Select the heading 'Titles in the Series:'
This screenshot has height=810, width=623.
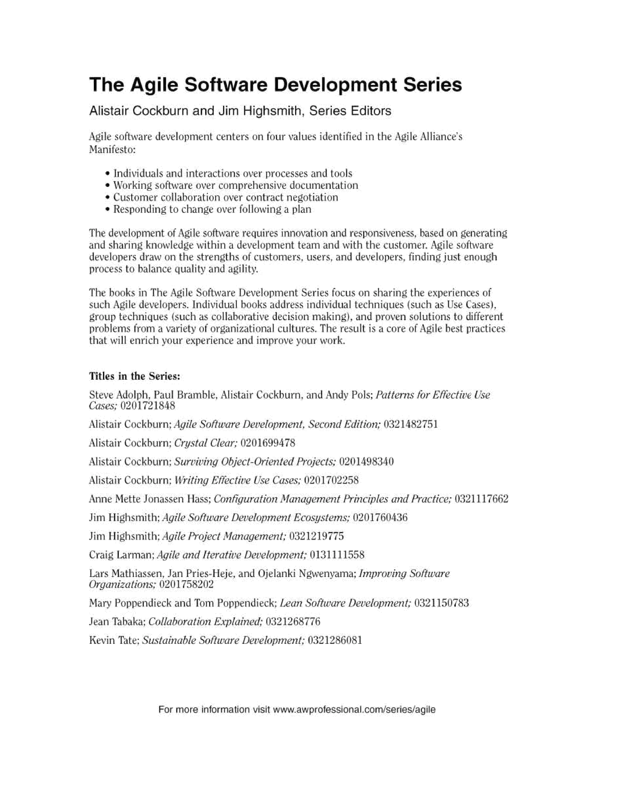[135, 376]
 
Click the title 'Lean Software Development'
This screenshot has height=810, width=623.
[345, 603]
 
